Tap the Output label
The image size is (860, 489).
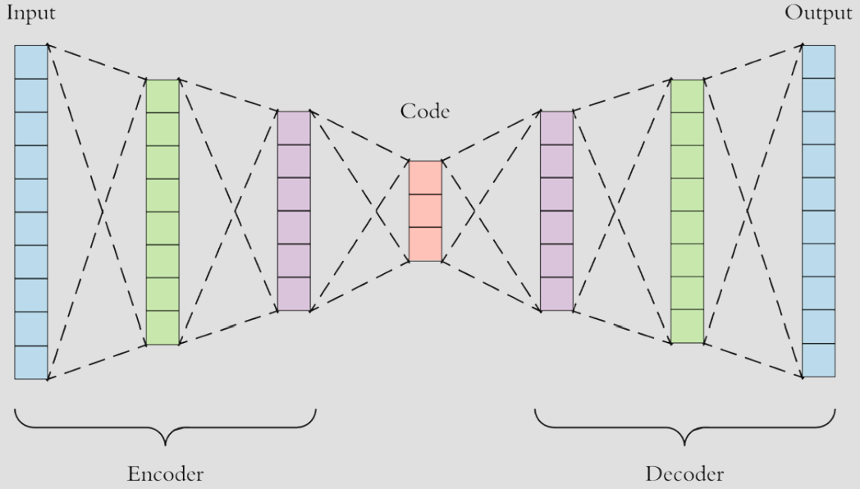coord(818,13)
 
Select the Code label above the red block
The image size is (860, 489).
coord(425,112)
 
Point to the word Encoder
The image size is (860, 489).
coord(165,473)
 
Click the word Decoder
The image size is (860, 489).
coord(684,473)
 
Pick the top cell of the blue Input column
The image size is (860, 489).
coord(31,62)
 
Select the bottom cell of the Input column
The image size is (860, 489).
coord(31,363)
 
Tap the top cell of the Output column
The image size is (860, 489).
coord(818,62)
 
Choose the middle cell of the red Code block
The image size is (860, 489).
coord(425,211)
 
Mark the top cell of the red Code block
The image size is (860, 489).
coord(425,177)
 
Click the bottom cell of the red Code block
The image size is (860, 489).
coord(425,244)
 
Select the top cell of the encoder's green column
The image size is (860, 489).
coord(162,96)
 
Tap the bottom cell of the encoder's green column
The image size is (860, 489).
coord(162,328)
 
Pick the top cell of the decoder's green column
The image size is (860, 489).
coord(688,96)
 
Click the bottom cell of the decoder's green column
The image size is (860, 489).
coord(688,327)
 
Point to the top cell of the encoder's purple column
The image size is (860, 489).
coord(294,127)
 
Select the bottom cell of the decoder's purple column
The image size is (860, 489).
coord(556,295)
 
